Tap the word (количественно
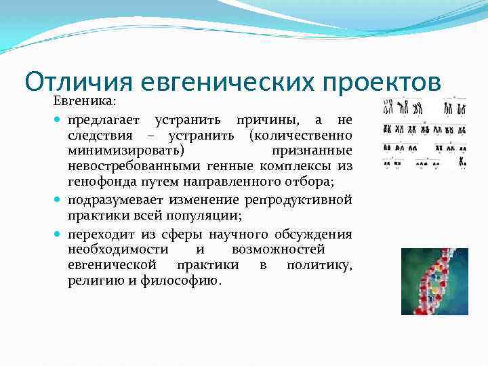click(300, 135)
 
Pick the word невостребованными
click(124, 167)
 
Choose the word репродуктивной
click(302, 200)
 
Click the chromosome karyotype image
click(426, 131)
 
